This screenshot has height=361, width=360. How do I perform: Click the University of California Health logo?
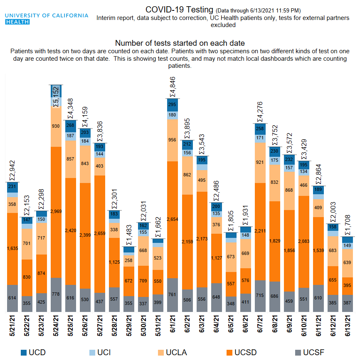pos(47,19)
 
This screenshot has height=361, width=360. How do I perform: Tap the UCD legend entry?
pos(33,353)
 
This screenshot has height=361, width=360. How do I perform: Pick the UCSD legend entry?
pos(241,353)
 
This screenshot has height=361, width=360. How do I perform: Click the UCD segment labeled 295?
pos(173,105)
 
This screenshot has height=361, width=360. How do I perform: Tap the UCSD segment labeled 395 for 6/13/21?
pos(348,285)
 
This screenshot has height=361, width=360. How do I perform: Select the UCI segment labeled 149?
pos(348,245)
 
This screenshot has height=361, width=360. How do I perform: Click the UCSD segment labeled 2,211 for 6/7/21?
pos(260,231)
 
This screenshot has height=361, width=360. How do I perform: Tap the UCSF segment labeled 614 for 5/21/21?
pos(12,298)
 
